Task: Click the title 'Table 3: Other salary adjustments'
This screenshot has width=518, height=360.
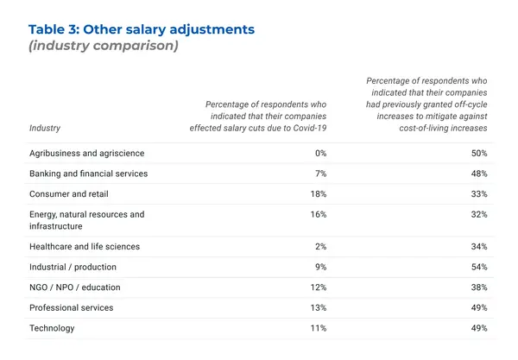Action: [x=142, y=29]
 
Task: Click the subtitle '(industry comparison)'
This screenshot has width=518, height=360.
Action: [x=104, y=46]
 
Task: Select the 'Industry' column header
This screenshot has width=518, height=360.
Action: [x=45, y=129]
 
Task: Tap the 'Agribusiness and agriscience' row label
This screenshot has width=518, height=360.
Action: [x=86, y=153]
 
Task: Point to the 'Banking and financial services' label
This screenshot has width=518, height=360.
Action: [x=88, y=174]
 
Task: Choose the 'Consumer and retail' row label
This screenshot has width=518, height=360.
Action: [x=68, y=194]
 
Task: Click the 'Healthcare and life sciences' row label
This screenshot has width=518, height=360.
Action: [x=85, y=247]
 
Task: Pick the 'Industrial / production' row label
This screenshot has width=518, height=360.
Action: [x=73, y=268]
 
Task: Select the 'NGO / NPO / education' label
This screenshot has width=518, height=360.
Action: [x=74, y=287]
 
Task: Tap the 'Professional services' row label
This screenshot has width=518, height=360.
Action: [x=71, y=308]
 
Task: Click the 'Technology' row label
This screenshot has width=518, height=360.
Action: [x=52, y=329]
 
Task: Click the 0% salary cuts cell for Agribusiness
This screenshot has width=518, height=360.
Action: [x=319, y=153]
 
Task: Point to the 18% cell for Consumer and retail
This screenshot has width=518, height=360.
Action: [x=318, y=194]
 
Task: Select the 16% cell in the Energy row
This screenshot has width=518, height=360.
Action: [x=318, y=214]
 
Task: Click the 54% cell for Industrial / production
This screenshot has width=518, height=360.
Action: [x=479, y=268]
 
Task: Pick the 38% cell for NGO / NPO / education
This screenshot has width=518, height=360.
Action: [x=479, y=287]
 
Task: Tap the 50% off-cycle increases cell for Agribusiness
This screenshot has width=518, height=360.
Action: [x=479, y=153]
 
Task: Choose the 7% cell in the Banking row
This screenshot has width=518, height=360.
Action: [x=319, y=174]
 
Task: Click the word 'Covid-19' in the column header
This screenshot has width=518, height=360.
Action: [x=308, y=129]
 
